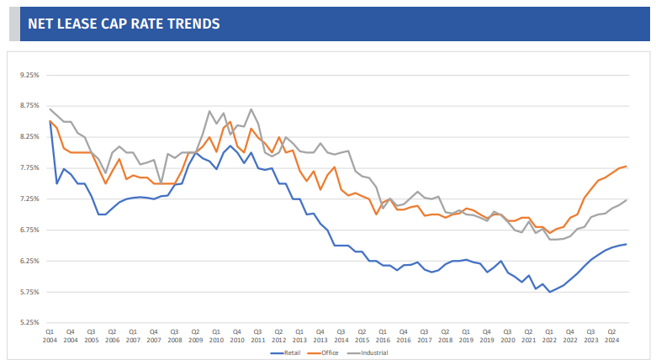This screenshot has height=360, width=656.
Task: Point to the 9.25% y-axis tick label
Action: tap(29, 75)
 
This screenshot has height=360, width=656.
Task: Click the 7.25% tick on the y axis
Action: tap(29, 199)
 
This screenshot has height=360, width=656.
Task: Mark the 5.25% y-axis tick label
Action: tap(29, 322)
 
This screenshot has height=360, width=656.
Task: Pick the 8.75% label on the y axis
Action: tap(29, 106)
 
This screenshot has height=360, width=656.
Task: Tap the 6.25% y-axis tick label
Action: tap(29, 261)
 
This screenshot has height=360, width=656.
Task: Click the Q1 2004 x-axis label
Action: tap(50, 336)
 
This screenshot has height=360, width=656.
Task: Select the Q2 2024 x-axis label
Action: tap(611, 336)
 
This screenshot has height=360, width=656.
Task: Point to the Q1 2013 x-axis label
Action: tap(299, 336)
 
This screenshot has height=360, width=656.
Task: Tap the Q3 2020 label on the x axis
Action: tap(507, 336)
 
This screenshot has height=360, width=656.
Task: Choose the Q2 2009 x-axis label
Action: tap(195, 336)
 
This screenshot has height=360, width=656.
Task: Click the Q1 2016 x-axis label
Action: tap(383, 336)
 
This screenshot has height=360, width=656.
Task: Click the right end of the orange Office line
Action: tap(626, 167)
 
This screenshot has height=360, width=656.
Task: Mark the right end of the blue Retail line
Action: tap(626, 244)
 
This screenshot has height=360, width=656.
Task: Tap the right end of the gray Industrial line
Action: tap(626, 199)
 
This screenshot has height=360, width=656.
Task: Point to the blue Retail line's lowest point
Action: tap(549, 291)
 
